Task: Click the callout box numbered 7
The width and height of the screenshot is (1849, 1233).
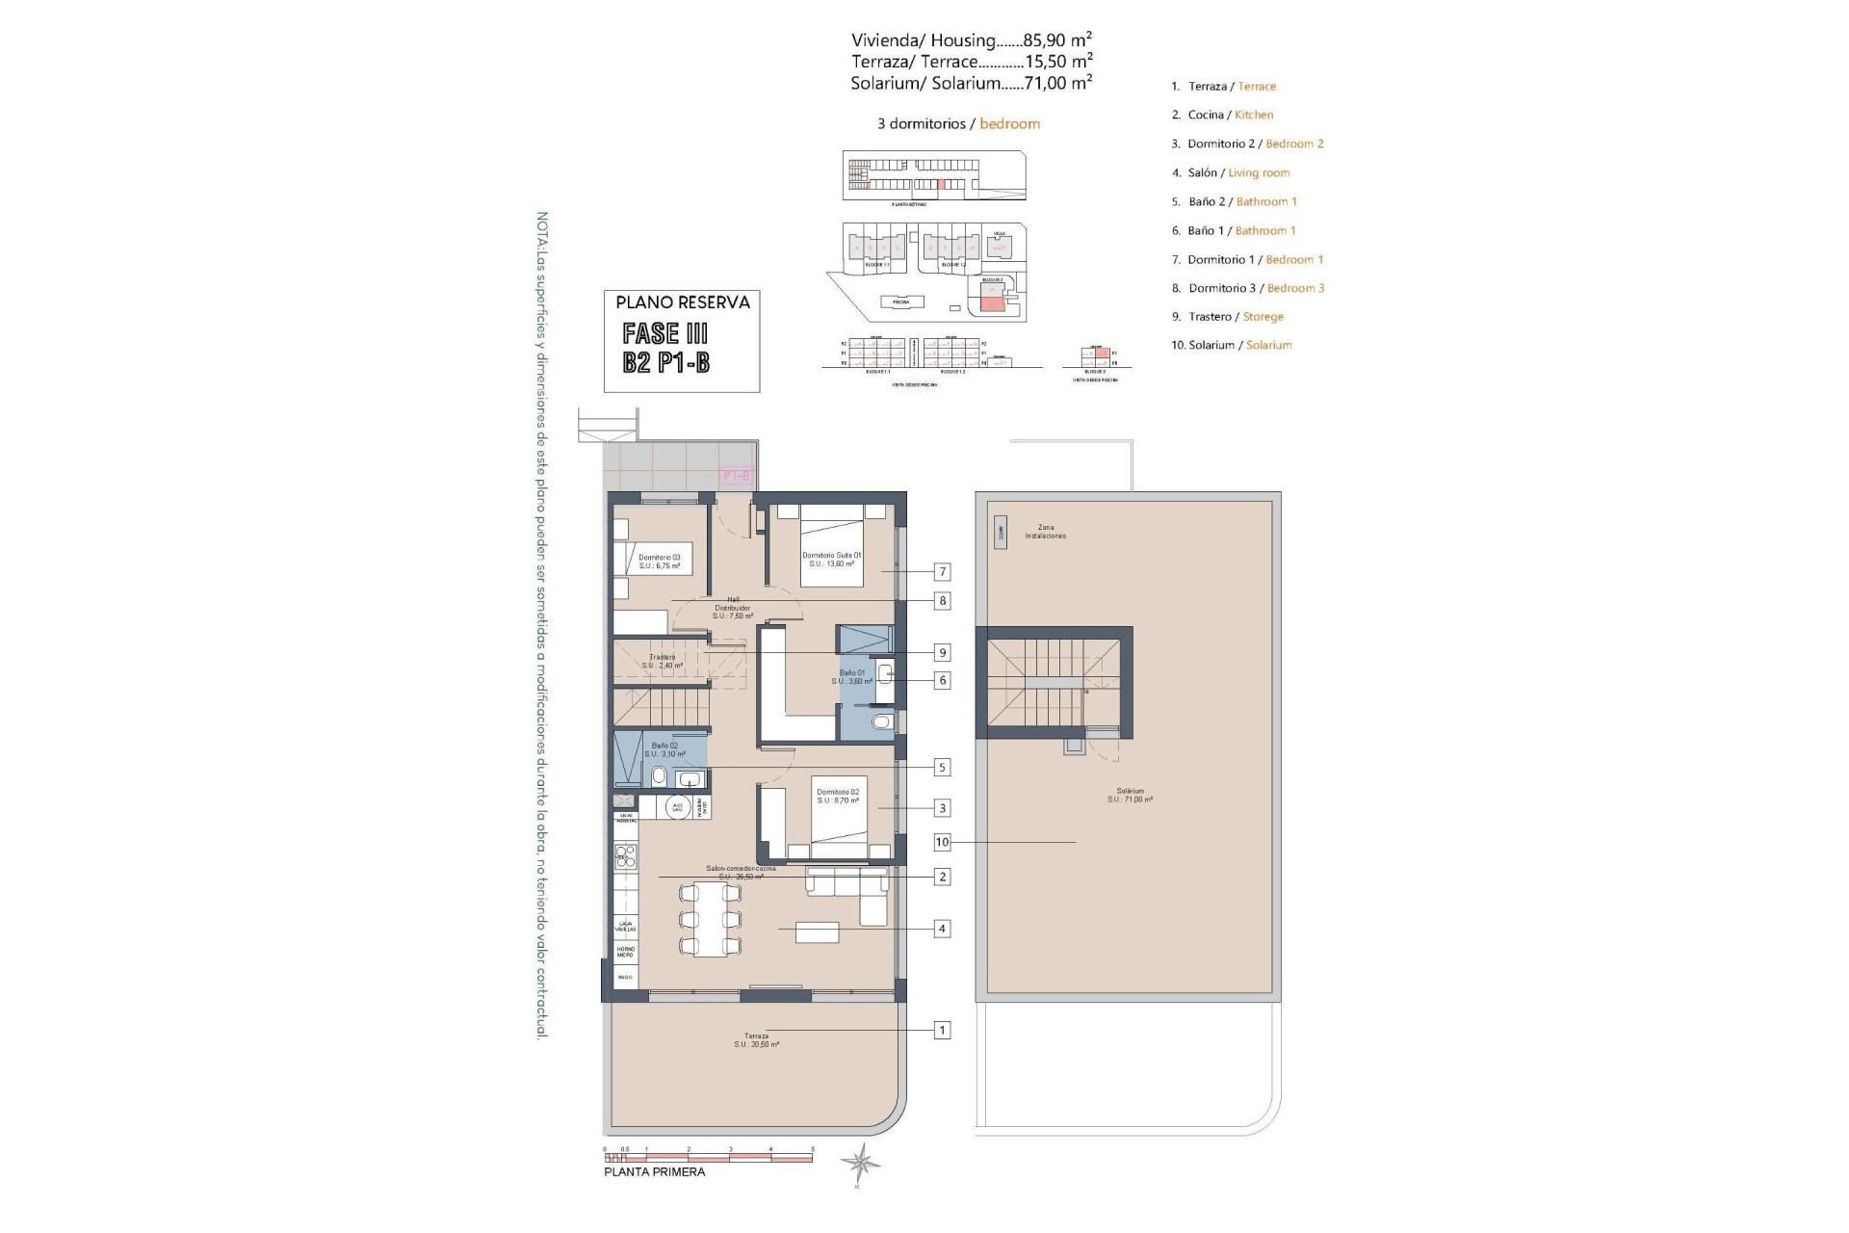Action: click(x=942, y=572)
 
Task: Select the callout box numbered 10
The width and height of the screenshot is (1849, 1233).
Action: click(x=942, y=842)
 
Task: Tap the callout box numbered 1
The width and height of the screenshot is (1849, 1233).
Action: click(x=942, y=1031)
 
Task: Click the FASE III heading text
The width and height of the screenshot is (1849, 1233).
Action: click(x=665, y=333)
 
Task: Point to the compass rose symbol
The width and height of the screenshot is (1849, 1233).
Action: click(x=859, y=1164)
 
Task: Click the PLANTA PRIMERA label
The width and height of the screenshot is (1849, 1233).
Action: click(x=654, y=1172)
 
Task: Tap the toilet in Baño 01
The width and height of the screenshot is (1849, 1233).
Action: click(x=880, y=721)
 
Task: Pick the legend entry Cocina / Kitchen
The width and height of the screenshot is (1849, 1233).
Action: click(x=1230, y=115)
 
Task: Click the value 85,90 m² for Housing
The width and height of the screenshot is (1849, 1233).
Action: click(x=1057, y=40)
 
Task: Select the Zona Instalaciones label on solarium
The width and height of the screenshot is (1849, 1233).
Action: click(x=1045, y=532)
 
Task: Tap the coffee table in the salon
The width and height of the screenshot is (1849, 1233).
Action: click(x=817, y=931)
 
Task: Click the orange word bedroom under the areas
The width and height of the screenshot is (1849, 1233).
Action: click(x=1009, y=123)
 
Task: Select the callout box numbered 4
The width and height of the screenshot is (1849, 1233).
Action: click(x=942, y=929)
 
